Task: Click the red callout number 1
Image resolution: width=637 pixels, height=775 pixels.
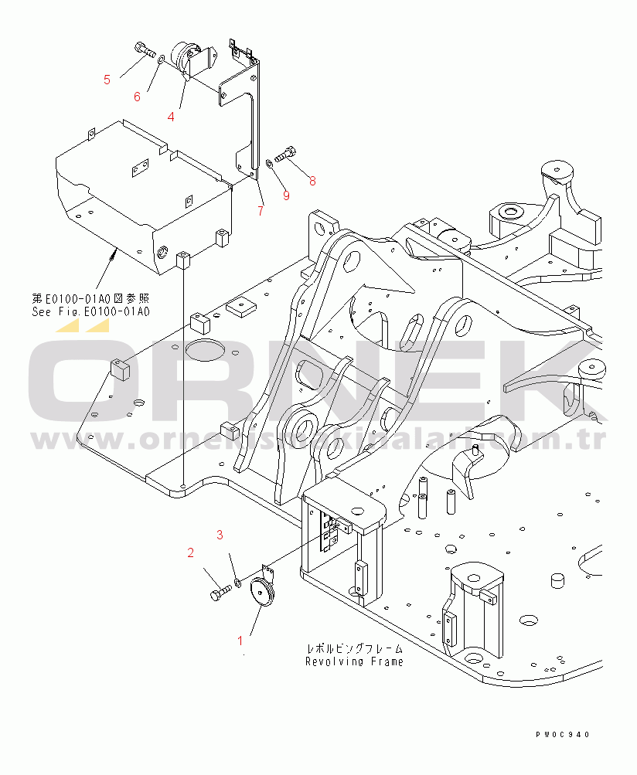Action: pos(240,640)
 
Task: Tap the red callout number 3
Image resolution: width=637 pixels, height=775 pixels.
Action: pos(220,534)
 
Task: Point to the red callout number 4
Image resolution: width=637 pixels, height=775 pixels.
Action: pos(171,116)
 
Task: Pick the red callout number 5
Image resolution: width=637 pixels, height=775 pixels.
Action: pos(107,79)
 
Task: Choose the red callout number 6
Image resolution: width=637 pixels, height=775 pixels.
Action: pos(137,96)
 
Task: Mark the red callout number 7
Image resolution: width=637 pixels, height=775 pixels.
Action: pos(261,210)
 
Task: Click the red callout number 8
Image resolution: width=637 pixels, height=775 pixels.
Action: pos(312,181)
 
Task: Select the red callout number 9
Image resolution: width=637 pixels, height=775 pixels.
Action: pos(285,195)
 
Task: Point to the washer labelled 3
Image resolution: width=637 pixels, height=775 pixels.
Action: pos(238,581)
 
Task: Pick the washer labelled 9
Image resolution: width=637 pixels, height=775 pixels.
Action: pos(268,163)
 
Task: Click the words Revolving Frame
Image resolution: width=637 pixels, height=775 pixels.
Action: pos(354,661)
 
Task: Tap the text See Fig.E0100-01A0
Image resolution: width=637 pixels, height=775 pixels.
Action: pos(90,312)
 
